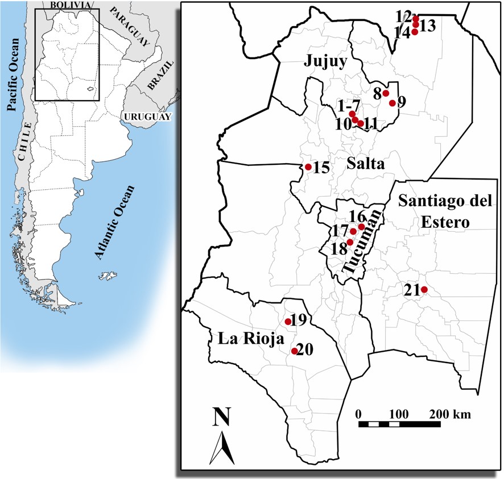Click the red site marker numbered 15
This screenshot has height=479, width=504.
click(308, 167)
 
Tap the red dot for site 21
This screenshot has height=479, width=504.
click(424, 290)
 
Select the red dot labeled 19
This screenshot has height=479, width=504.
click(288, 322)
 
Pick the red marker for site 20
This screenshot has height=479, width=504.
click(294, 351)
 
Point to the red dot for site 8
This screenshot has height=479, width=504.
click(386, 93)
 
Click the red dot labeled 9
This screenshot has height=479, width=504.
click(392, 103)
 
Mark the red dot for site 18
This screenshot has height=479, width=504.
click(350, 243)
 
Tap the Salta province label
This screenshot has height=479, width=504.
click(365, 164)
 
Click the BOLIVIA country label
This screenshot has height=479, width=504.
click(70, 5)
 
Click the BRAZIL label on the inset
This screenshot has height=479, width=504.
click(159, 84)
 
